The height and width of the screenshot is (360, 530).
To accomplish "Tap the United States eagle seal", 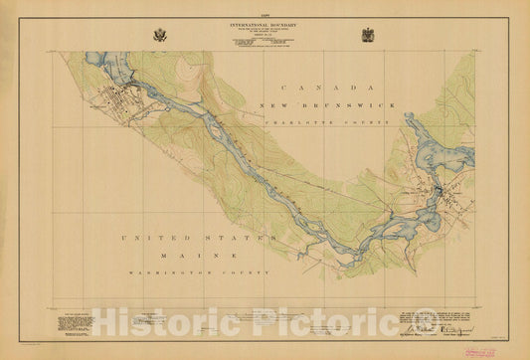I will click(x=161, y=35).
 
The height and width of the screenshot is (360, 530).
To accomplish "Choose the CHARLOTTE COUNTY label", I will click(x=328, y=119).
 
